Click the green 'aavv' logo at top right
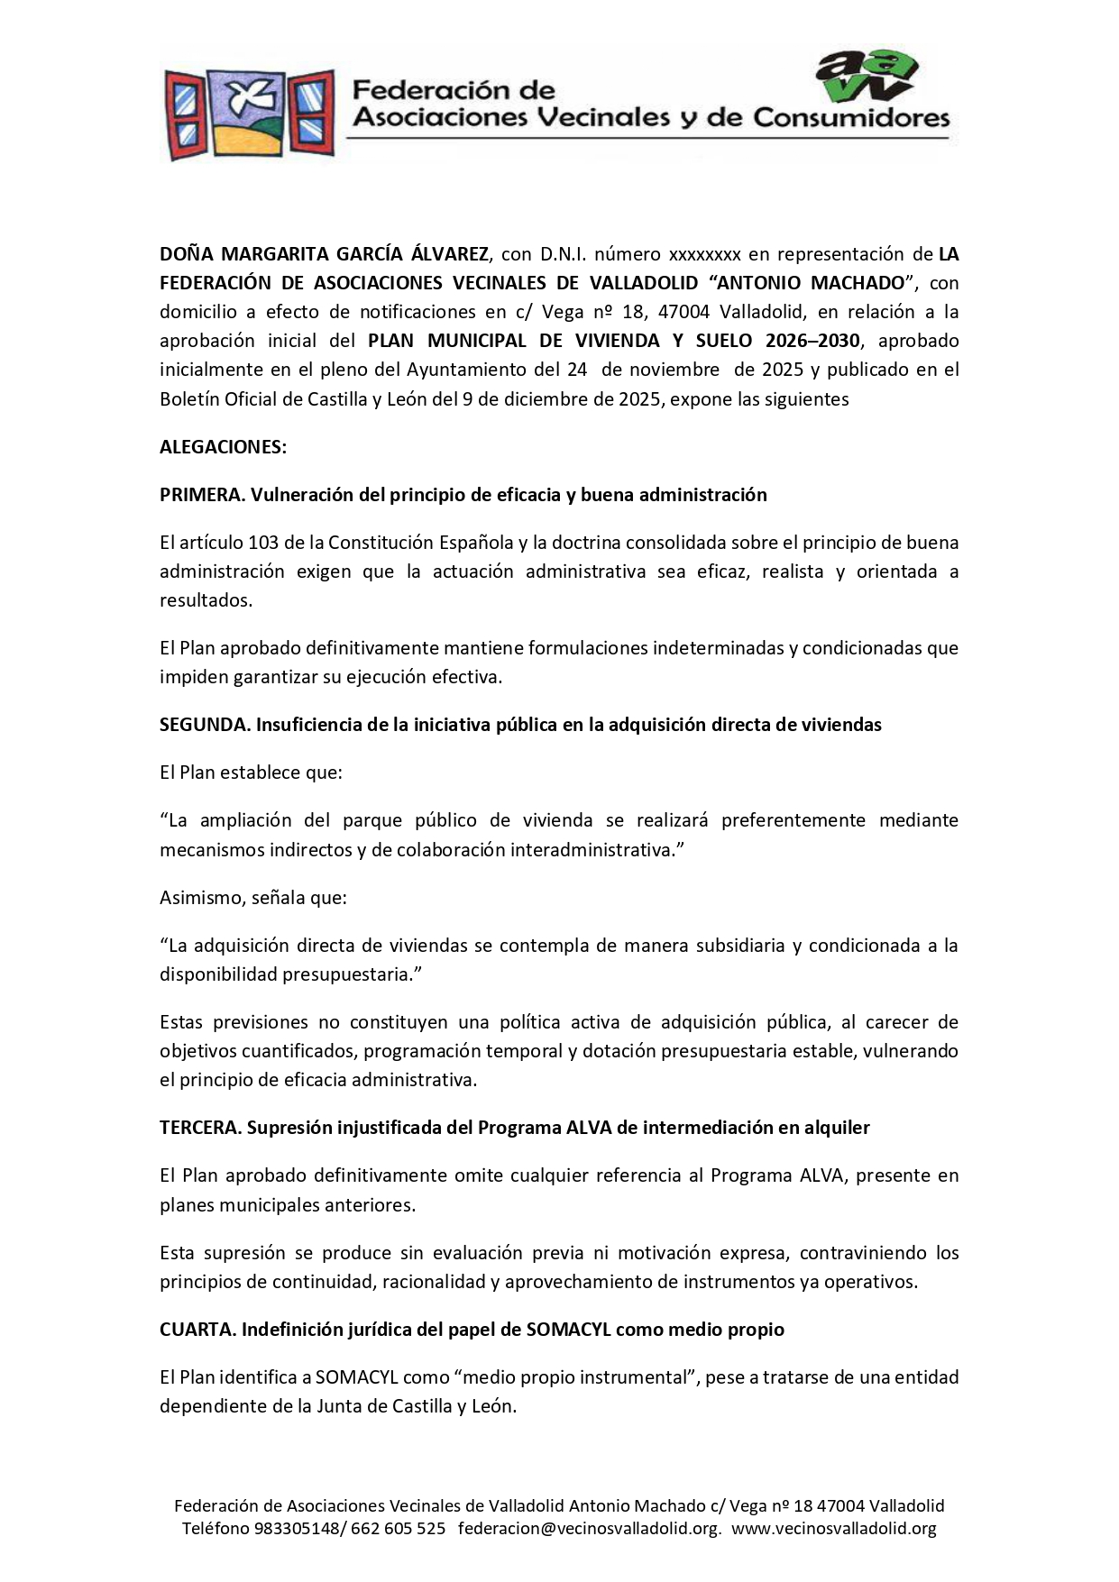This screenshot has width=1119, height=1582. (865, 77)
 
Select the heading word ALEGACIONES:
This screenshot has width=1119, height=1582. (223, 447)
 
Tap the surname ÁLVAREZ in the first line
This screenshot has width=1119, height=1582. (446, 254)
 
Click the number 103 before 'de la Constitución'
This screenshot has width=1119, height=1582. (263, 543)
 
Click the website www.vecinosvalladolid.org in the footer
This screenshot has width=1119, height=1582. (833, 1528)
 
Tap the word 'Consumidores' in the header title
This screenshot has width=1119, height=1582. (851, 118)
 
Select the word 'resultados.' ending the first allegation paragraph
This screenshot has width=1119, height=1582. (206, 600)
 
